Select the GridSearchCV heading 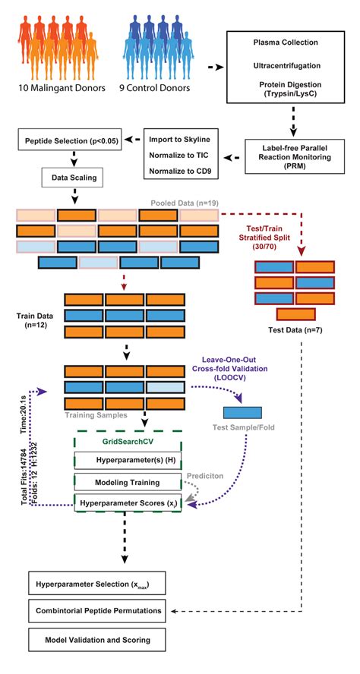coord(128,441)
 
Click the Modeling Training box coord(128,482)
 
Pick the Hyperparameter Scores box coord(128,502)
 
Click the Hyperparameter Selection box coord(96,584)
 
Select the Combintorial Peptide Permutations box coord(96,611)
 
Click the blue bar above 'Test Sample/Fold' coord(242,413)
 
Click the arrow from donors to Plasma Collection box coord(216,68)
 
